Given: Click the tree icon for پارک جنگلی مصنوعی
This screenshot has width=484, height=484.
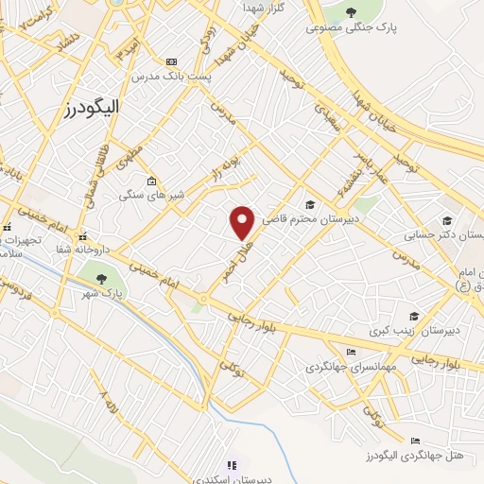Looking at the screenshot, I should (x=351, y=12).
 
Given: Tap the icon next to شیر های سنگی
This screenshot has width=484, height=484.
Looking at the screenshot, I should (x=150, y=180).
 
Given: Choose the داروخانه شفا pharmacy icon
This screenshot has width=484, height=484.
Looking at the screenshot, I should (x=83, y=236).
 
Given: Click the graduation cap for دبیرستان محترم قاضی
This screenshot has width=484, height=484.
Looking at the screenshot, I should (x=310, y=203).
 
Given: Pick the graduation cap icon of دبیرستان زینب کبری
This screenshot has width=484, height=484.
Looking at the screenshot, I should (x=413, y=317).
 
